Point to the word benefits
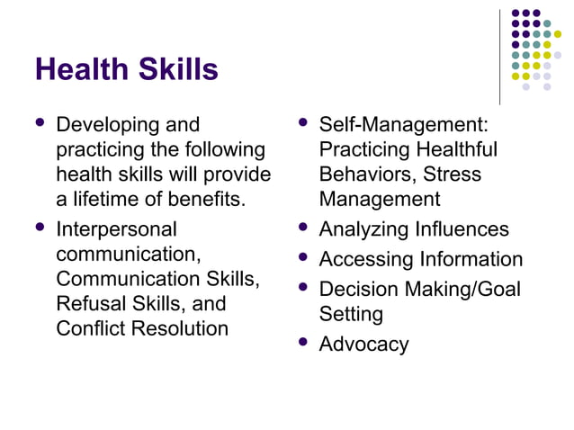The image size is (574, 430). pos(209,198)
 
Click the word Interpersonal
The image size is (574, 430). pos(117,229)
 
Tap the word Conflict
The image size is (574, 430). pos(91,328)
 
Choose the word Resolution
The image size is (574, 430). pos(179,328)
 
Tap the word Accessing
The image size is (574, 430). pos(365,260)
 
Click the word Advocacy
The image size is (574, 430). pos(363,344)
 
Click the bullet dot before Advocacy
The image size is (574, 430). pos(302,342)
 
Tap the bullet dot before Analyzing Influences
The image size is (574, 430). pos(302,228)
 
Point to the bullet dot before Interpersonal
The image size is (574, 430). pos(39,228)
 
